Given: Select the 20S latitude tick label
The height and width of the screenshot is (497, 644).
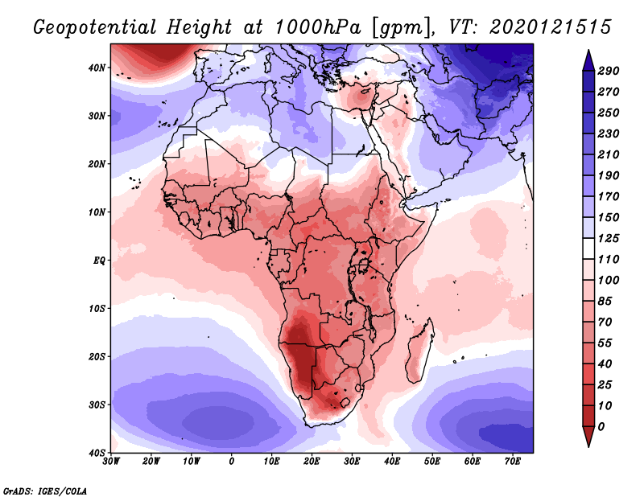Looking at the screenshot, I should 97,356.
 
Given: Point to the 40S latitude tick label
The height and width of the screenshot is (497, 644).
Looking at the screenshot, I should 97,453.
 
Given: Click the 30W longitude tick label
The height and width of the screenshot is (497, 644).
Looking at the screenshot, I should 111,462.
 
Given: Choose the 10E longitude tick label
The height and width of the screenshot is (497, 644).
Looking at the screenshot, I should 271,462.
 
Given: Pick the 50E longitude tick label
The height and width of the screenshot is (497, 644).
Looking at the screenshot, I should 432,462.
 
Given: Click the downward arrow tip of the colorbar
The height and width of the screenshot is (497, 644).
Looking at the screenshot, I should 588,444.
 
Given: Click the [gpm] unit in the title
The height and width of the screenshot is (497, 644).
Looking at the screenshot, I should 400,27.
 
